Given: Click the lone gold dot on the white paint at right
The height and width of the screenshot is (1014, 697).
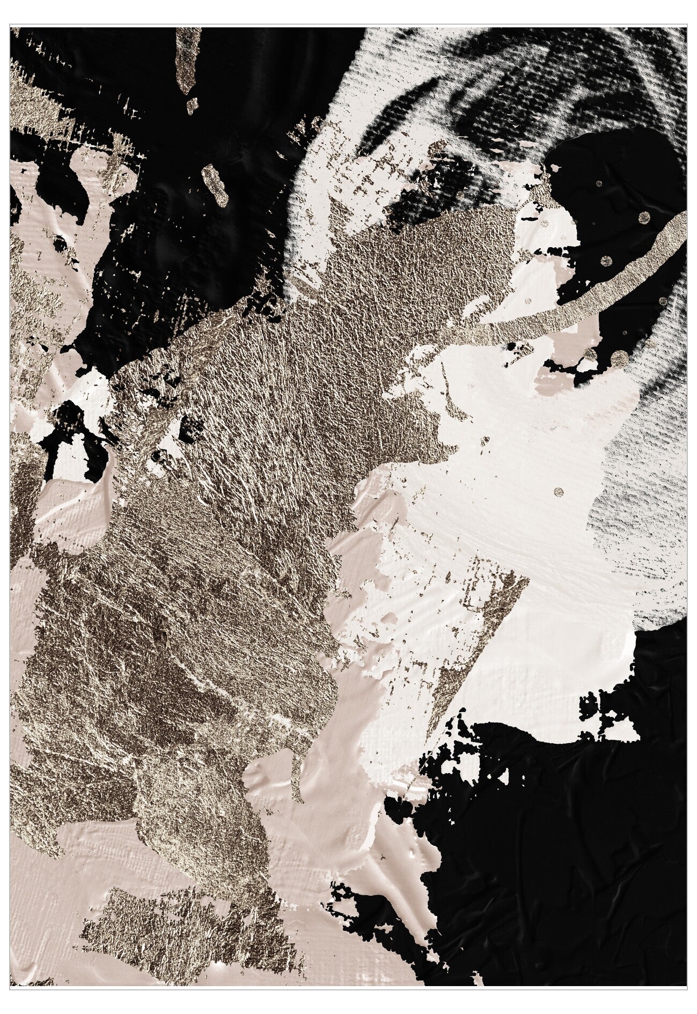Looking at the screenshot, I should click(559, 490).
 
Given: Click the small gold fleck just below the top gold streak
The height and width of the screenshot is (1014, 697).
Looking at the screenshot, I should click(192, 105).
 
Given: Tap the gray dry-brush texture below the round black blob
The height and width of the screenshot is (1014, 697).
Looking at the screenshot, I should click(633, 483).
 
